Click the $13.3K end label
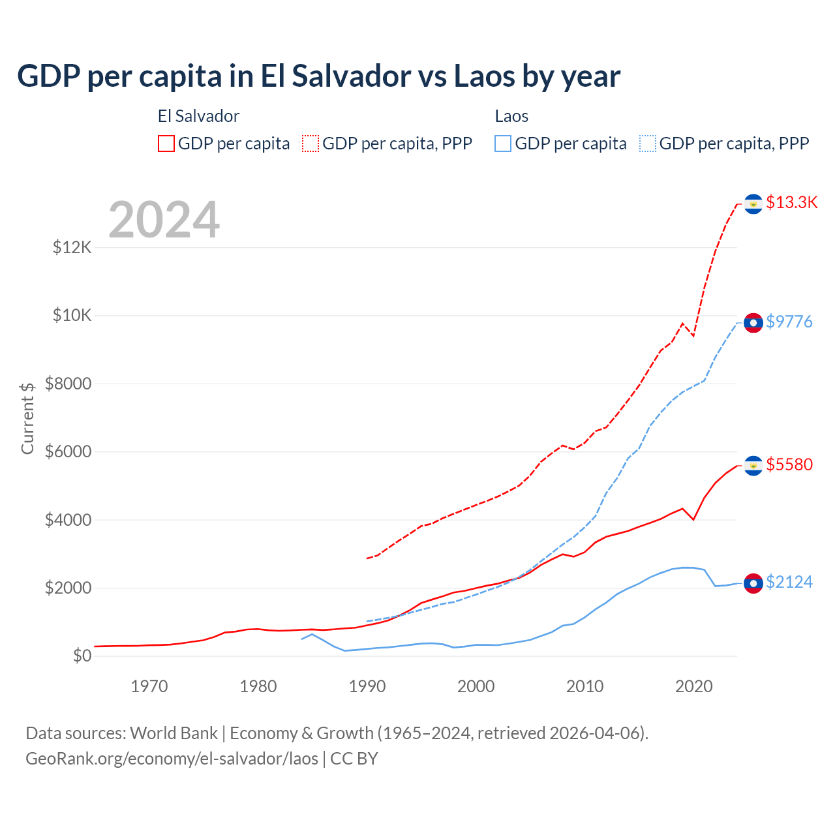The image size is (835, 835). tap(791, 202)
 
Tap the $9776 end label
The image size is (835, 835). tap(789, 322)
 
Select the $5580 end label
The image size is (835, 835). tap(789, 464)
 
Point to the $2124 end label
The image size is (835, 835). tap(789, 582)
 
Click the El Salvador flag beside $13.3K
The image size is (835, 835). tap(753, 204)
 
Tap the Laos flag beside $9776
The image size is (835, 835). tap(753, 323)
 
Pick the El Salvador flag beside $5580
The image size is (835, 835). tap(753, 466)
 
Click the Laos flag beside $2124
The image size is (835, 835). tap(753, 583)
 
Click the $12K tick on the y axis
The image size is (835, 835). tap(72, 248)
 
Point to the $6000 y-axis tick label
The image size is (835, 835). tap(68, 451)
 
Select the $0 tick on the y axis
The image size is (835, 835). tap(82, 656)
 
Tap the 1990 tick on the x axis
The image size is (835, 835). tap(367, 686)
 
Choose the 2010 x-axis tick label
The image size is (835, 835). tap(585, 686)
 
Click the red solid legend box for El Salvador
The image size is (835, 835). tap(166, 144)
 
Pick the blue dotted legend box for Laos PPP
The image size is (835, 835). tap(648, 144)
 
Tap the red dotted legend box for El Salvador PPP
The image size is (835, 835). tap(311, 144)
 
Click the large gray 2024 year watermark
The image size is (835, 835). tap(164, 220)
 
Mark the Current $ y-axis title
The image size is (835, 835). tap(27, 418)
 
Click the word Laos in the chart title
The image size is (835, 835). tap(483, 76)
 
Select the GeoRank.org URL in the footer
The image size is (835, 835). tap(172, 759)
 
